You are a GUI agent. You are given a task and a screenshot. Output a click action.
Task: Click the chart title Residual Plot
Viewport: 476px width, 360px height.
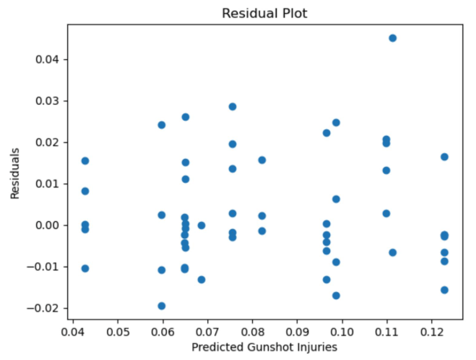(x=264, y=13)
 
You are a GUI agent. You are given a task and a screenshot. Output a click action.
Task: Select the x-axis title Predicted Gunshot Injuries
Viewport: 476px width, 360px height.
(x=264, y=347)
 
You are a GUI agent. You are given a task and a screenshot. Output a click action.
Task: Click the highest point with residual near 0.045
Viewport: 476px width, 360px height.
(x=393, y=38)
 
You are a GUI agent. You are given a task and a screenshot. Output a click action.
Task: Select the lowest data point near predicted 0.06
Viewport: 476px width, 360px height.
(x=161, y=306)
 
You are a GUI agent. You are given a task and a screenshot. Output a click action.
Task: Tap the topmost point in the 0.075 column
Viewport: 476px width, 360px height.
(x=232, y=107)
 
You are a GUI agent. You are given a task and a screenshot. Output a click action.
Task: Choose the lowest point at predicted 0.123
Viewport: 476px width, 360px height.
(x=444, y=290)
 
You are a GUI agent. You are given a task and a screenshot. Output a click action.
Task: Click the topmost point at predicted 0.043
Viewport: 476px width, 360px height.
(x=85, y=161)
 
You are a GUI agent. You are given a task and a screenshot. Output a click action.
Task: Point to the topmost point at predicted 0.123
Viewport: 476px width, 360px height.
(x=444, y=157)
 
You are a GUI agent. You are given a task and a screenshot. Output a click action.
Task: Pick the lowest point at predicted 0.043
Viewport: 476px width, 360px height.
(x=85, y=268)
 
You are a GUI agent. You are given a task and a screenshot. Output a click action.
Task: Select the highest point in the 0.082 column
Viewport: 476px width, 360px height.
(x=262, y=160)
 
